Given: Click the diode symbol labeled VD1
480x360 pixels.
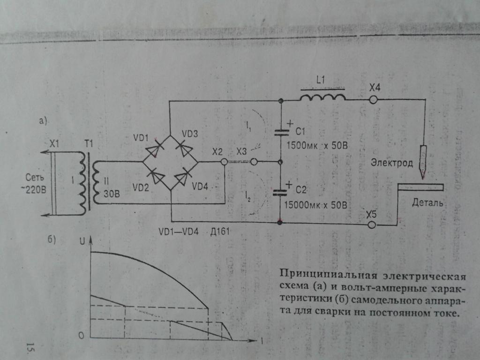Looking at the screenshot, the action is point(154,150).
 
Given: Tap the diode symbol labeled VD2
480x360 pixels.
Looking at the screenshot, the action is point(156,176).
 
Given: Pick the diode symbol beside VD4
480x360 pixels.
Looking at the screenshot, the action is point(185,177).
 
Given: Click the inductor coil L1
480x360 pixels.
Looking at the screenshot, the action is point(322,97).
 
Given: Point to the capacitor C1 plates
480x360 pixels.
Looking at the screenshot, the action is point(281,133).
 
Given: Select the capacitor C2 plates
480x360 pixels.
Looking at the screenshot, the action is point(280,192).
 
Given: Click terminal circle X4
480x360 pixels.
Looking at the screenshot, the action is point(373,100).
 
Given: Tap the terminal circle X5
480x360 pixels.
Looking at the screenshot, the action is point(372,225).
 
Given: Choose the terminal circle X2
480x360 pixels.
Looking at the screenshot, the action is point(225,161).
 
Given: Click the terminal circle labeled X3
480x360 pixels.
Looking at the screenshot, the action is point(254,162).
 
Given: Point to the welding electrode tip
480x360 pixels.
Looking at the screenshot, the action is point(422,179).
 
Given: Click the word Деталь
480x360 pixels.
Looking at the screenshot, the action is point(427,202).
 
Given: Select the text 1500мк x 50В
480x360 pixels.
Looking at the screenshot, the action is point(317,145).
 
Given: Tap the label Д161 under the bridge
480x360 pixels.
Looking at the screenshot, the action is point(220,231).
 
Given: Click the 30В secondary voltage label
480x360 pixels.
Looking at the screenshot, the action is point(112,194).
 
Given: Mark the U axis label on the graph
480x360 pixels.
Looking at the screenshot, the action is point(82,241).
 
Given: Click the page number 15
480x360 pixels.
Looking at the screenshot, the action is point(30,347).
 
